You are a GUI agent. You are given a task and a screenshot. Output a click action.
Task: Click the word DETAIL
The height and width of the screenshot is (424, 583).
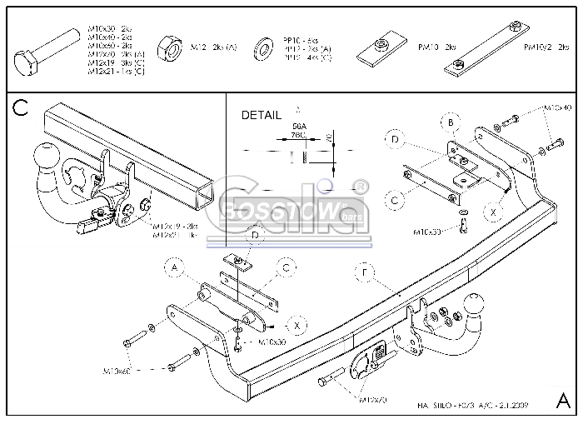262,115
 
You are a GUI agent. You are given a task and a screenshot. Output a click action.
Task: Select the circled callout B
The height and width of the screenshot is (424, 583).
451,123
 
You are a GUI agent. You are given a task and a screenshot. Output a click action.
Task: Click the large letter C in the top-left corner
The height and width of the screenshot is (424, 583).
22,107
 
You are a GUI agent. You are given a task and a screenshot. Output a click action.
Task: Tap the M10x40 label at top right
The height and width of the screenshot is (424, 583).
557,108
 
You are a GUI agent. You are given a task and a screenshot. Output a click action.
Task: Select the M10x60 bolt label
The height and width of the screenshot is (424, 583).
117,369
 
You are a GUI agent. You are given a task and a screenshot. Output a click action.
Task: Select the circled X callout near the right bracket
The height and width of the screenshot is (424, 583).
494,213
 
